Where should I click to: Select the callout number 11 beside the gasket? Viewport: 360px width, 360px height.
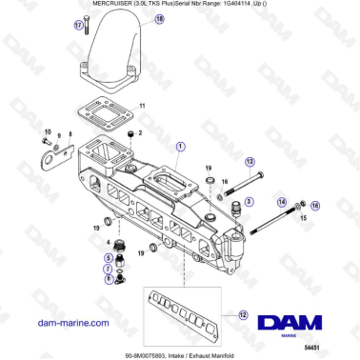click(x=142, y=104)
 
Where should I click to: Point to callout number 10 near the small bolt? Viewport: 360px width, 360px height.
click(x=47, y=130)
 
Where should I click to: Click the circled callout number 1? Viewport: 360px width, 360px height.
click(x=180, y=145)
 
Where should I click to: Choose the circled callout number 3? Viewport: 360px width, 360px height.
click(x=249, y=201)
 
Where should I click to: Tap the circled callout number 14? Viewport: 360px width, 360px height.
click(x=282, y=203)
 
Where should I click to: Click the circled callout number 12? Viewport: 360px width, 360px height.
click(x=242, y=315)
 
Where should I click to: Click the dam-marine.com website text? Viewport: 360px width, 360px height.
click(x=74, y=324)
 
